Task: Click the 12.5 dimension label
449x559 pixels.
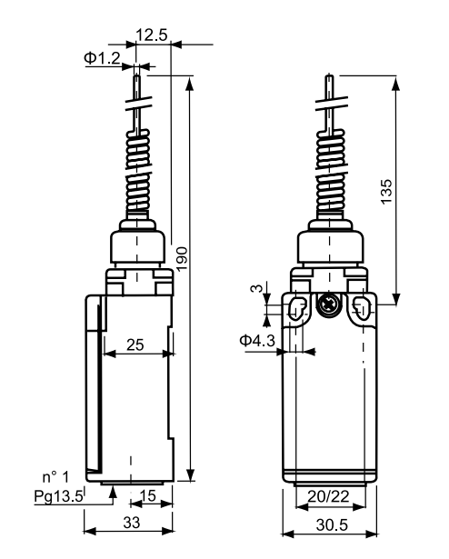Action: pyautogui.click(x=152, y=35)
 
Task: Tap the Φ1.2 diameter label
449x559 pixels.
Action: pyautogui.click(x=103, y=58)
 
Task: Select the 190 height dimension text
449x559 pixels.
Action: pyautogui.click(x=182, y=259)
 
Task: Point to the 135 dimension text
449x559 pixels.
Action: pyautogui.click(x=386, y=192)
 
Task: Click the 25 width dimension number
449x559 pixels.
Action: pyautogui.click(x=135, y=344)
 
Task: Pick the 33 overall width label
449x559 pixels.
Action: pyautogui.click(x=132, y=523)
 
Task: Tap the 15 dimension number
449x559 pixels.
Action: pyautogui.click(x=147, y=495)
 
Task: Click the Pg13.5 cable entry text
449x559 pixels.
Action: pyautogui.click(x=58, y=496)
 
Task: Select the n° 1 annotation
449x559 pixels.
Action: pyautogui.click(x=55, y=477)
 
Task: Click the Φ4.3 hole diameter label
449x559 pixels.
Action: pyautogui.click(x=257, y=341)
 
